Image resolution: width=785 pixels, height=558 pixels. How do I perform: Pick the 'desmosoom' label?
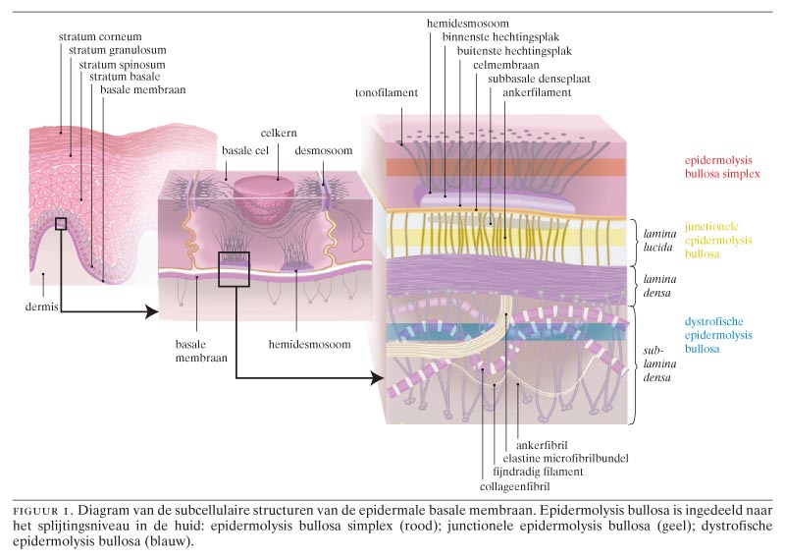click(x=324, y=150)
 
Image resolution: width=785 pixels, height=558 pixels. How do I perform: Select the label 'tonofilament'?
click(x=387, y=92)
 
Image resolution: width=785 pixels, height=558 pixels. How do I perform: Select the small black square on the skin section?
click(x=61, y=224)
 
